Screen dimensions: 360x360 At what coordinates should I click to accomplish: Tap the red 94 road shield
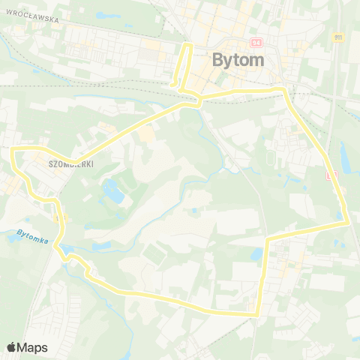coord(256,43)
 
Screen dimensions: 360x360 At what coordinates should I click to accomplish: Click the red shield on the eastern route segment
coord(331,175)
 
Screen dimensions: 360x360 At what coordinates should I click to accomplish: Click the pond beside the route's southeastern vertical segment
coord(256,255)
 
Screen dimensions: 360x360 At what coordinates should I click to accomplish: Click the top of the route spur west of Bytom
coord(186,46)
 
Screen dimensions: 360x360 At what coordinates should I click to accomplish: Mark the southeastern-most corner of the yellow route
coord(257,315)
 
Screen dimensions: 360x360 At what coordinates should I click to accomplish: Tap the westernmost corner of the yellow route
coord(13,151)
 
